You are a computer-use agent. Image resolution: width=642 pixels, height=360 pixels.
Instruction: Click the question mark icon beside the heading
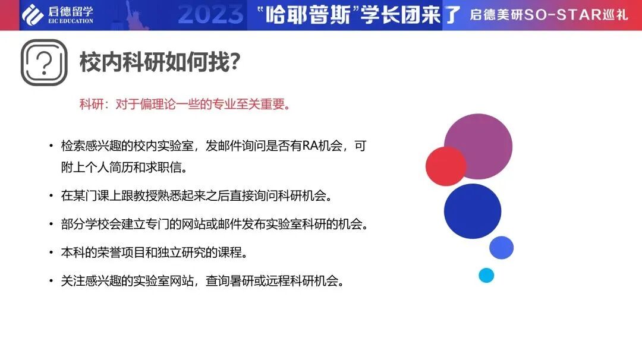point(44,62)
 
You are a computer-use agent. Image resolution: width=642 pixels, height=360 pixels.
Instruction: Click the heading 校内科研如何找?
point(159,62)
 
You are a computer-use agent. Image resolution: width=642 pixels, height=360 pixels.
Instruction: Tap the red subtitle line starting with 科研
point(185,105)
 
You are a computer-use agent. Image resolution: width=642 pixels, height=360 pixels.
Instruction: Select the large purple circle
point(479,146)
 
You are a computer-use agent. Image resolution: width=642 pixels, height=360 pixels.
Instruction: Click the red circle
point(446,166)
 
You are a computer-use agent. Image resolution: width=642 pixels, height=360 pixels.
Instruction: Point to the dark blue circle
point(473,211)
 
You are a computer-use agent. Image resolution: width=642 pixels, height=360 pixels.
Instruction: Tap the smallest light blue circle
point(486,275)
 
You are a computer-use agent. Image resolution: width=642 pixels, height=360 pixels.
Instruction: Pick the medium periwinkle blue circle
point(501,248)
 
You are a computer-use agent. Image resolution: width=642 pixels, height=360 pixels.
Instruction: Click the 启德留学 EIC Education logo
point(58,15)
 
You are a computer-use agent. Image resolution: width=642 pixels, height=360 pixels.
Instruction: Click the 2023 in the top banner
point(211,15)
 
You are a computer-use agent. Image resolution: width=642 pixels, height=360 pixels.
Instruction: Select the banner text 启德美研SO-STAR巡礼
point(548,15)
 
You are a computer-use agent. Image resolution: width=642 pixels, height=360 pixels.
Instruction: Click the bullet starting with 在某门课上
point(196,195)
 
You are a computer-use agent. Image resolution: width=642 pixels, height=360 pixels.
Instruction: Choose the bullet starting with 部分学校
point(214,225)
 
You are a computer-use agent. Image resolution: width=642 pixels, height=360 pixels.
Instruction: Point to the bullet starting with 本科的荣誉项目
point(153,252)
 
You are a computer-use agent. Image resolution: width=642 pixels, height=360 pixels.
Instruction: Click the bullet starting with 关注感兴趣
point(202,281)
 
